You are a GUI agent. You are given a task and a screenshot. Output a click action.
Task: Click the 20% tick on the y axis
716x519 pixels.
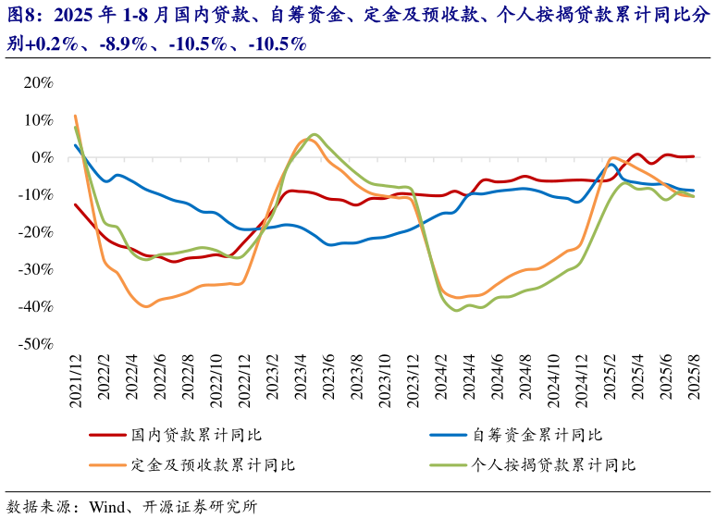tap(38, 82)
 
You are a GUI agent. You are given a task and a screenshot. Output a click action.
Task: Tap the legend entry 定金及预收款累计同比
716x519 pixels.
tap(213, 464)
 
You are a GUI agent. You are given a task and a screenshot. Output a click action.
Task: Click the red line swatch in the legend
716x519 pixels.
tap(106, 435)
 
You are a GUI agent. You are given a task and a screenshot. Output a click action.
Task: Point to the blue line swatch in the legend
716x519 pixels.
tap(449, 435)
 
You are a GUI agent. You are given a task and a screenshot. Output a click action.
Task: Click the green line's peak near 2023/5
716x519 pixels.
tap(315, 135)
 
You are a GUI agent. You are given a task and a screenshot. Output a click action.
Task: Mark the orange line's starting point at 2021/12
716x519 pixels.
tap(75, 117)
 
